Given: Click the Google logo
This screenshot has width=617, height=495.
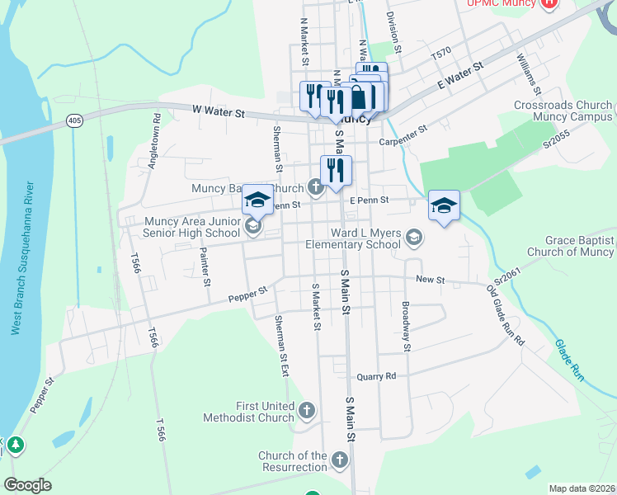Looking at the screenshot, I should click(28, 485).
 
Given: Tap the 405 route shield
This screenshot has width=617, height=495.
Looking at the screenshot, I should click(75, 121).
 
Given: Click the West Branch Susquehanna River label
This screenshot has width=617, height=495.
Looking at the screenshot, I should click(22, 257).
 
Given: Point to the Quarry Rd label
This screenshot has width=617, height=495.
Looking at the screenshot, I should click(376, 376).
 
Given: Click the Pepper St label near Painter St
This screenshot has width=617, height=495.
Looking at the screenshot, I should click(248, 294).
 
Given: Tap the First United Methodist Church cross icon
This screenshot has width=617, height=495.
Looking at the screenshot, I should click(307, 410).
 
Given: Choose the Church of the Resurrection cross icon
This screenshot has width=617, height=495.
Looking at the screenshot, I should click(340, 460).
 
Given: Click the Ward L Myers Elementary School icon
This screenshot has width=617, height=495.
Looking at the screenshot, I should click(414, 238).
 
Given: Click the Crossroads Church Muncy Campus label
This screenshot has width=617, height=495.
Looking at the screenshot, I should click(563, 111).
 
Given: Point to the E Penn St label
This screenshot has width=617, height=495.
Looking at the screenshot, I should click(369, 200).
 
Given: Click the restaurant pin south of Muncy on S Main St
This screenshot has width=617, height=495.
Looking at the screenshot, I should click(336, 171).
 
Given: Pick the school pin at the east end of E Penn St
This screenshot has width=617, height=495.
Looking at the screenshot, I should click(444, 206).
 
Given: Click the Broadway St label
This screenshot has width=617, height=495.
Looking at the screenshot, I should click(406, 326).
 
